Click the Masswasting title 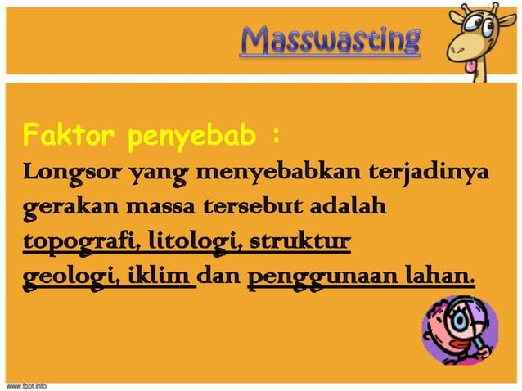[331, 39]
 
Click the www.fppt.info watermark [27, 384]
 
